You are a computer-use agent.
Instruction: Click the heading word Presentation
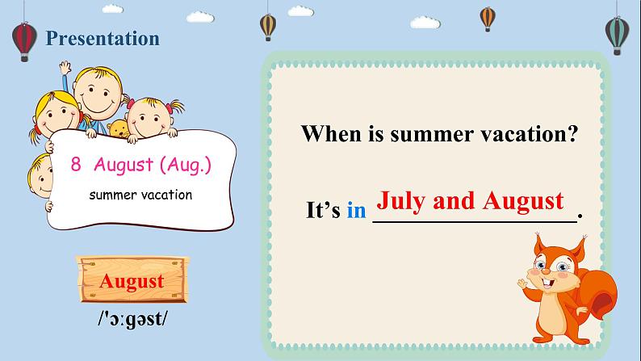pos(103,38)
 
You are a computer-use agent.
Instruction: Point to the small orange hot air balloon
pos(487,17)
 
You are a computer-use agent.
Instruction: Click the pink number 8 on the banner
pos(76,165)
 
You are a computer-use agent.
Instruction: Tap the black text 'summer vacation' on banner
pos(140,195)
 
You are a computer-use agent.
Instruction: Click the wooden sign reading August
pos(132,281)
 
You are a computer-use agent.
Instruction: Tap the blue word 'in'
pos(357,212)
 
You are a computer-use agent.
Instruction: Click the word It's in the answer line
pos(323,212)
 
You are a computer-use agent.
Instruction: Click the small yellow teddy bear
pos(119,129)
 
